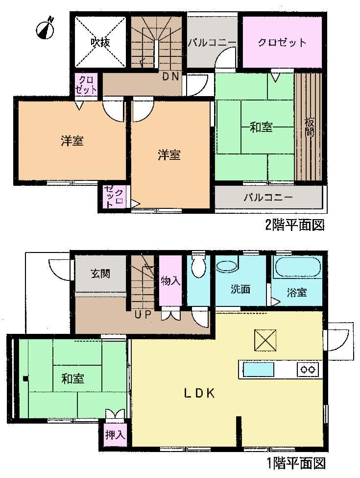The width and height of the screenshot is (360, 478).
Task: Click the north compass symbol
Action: click(x=45, y=28)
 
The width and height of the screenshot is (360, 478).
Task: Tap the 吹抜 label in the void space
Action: click(x=100, y=42)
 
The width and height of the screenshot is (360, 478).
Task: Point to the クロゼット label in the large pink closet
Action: click(x=283, y=42)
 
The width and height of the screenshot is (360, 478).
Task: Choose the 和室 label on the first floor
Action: click(x=72, y=378)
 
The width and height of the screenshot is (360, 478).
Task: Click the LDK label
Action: click(x=199, y=393)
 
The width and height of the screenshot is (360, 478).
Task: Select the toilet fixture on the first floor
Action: click(x=199, y=267)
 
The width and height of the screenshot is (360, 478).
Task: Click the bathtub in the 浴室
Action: click(x=297, y=268)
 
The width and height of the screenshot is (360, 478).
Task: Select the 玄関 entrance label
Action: click(x=100, y=274)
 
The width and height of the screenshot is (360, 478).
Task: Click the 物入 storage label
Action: click(x=170, y=281)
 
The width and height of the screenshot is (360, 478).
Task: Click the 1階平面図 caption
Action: click(x=295, y=462)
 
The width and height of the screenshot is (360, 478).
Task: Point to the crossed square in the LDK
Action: click(x=265, y=340)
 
